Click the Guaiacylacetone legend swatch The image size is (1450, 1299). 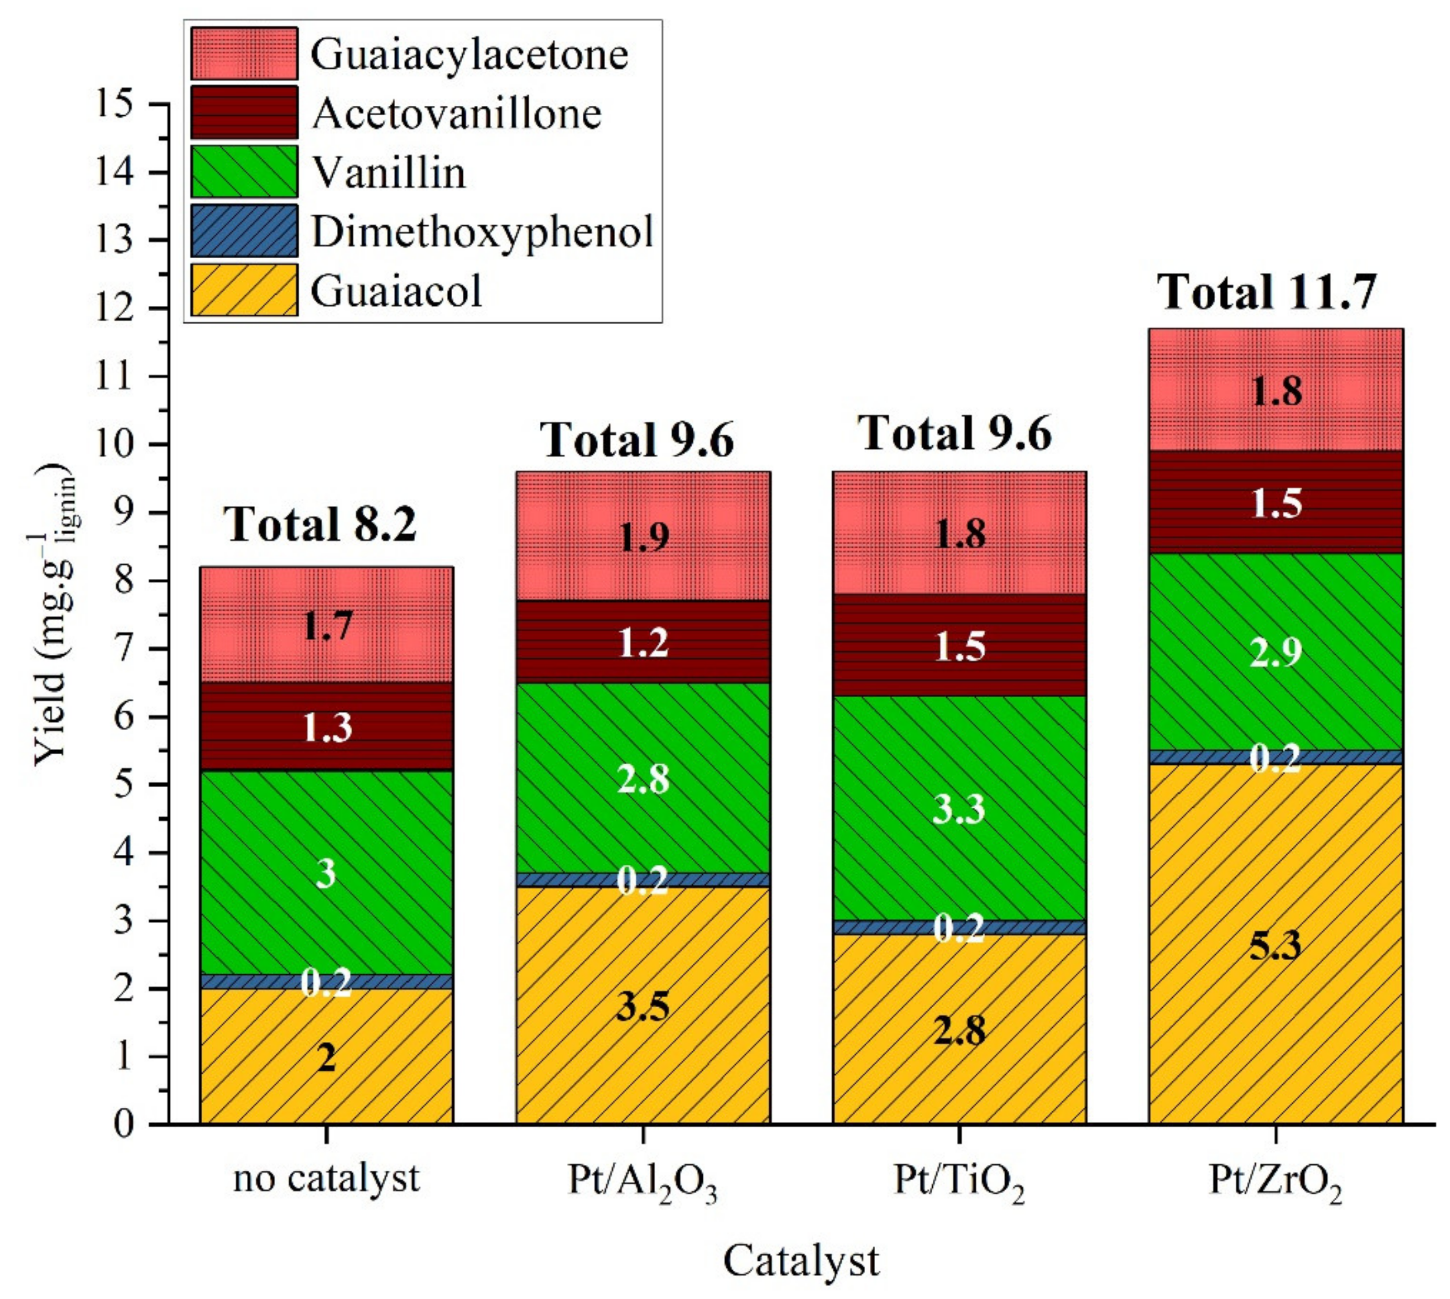[x=244, y=53]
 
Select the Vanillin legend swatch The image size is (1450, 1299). [x=244, y=172]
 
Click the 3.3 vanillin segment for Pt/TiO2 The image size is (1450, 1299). [x=959, y=809]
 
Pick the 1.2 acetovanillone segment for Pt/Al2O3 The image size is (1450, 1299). [x=642, y=642]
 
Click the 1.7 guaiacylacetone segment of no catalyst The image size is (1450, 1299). [x=326, y=625]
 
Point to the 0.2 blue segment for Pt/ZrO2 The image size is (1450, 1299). [x=1276, y=757]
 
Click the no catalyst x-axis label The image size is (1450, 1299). [x=326, y=1180]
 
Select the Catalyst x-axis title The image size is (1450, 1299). [x=801, y=1261]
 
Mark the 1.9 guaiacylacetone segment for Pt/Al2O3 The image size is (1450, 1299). [x=642, y=536]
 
